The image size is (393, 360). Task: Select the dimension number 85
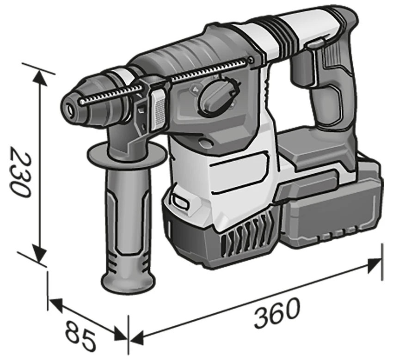pos(80,336)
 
